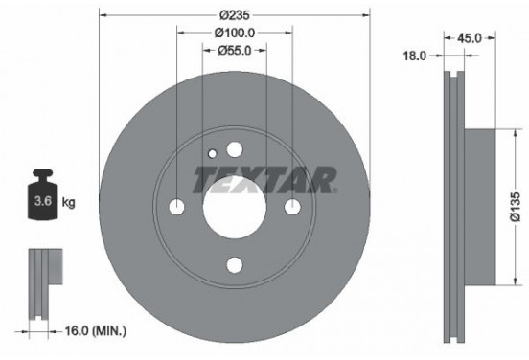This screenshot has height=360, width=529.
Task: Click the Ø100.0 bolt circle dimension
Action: [x=234, y=34]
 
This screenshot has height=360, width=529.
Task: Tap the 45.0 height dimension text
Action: [x=469, y=39]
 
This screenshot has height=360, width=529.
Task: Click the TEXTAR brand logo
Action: [x=265, y=179]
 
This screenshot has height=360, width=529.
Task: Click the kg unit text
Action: [x=69, y=202]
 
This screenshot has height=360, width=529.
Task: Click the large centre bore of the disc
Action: [x=234, y=207]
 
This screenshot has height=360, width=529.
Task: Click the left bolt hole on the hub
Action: [x=174, y=208]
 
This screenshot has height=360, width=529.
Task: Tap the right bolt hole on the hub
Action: [x=293, y=208]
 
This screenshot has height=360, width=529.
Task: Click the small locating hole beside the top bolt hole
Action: [x=213, y=154]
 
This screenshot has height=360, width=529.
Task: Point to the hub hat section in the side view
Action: [x=479, y=206]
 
